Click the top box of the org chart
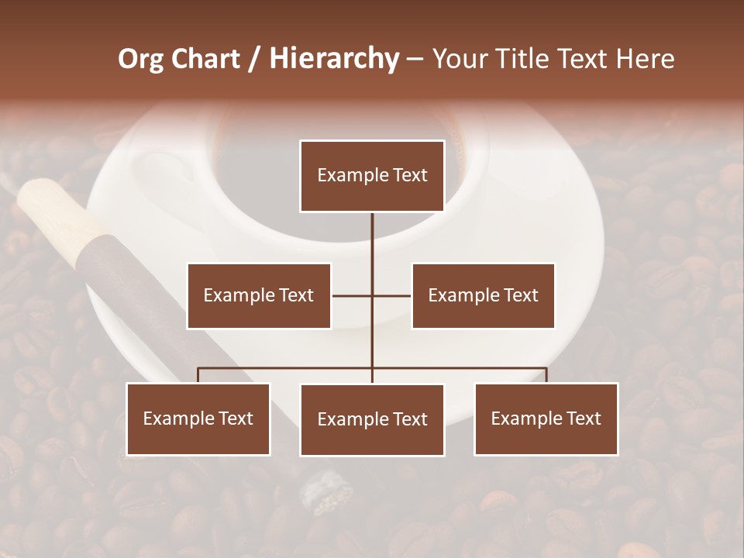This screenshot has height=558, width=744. pos(372,176)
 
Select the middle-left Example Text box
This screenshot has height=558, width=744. pos(259,295)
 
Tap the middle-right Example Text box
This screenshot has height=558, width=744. pos(483,295)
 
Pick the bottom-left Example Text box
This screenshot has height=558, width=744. pos(198,418)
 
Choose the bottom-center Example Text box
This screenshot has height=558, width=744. pos(372,419)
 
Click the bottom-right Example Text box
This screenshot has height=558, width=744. pos(546,418)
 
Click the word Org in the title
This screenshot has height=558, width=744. pos(140,59)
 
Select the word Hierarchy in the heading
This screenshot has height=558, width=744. pos(334,59)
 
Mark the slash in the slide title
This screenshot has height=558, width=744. pos(255,59)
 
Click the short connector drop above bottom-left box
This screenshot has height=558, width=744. pos(198,375)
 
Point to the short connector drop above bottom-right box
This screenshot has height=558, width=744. pos(546,375)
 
